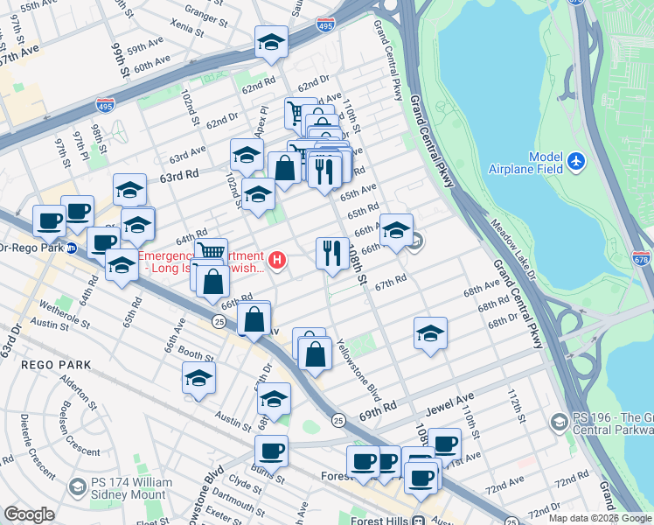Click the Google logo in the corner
[29, 514]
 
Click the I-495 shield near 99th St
[106, 105]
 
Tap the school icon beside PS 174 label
[77, 486]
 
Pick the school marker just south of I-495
[271, 42]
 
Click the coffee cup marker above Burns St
[271, 451]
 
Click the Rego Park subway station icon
[73, 248]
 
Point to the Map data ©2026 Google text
[600, 518]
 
